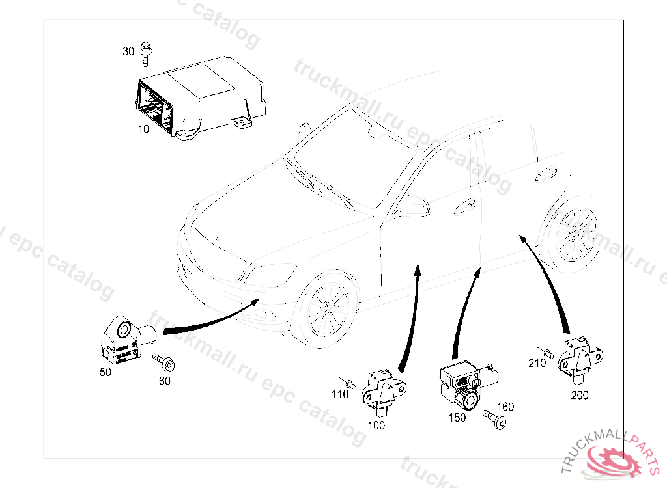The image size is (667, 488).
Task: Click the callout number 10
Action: click(x=143, y=129)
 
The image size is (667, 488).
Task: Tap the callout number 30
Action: click(x=128, y=51)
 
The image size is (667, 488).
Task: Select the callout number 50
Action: click(x=105, y=372)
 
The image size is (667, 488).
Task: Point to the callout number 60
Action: click(x=165, y=381)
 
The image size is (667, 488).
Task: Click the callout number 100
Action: click(x=376, y=426)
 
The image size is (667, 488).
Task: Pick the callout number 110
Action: click(x=339, y=394)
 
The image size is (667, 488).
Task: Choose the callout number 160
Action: click(x=505, y=407)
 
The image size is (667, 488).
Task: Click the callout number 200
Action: click(x=580, y=395)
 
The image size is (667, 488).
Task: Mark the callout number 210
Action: click(x=537, y=363)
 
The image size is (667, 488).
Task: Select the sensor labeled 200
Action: click(x=583, y=357)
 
